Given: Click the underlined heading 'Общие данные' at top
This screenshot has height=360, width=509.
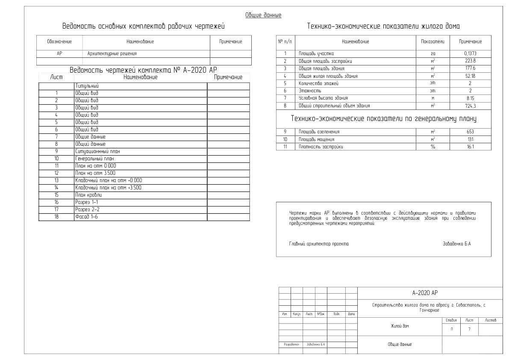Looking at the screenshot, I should (263, 15).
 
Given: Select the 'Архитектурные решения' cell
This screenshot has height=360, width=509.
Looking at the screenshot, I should (112, 54).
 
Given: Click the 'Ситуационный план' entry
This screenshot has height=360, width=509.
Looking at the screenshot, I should (97, 151).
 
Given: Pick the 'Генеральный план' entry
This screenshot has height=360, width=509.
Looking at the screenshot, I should (94, 159).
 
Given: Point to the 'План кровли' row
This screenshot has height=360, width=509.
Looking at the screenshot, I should (88, 195).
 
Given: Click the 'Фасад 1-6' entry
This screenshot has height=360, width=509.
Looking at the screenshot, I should (86, 217).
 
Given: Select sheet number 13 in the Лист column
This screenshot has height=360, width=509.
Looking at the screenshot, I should (56, 180).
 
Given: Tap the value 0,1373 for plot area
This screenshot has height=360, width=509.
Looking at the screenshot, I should (470, 53).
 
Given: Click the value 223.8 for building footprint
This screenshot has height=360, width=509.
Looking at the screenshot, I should (470, 61).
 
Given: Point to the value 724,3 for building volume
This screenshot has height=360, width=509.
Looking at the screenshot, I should (470, 106).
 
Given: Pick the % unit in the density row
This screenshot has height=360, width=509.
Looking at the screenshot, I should (433, 147).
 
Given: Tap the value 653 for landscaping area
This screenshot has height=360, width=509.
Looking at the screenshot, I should (470, 132).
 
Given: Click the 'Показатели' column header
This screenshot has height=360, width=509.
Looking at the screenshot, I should (433, 41).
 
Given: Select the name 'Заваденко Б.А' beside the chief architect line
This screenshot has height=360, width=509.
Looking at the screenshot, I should (457, 244).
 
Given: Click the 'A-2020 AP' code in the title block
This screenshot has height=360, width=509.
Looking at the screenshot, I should (425, 293).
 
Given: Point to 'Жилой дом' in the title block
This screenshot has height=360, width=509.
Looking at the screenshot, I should (400, 326).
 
